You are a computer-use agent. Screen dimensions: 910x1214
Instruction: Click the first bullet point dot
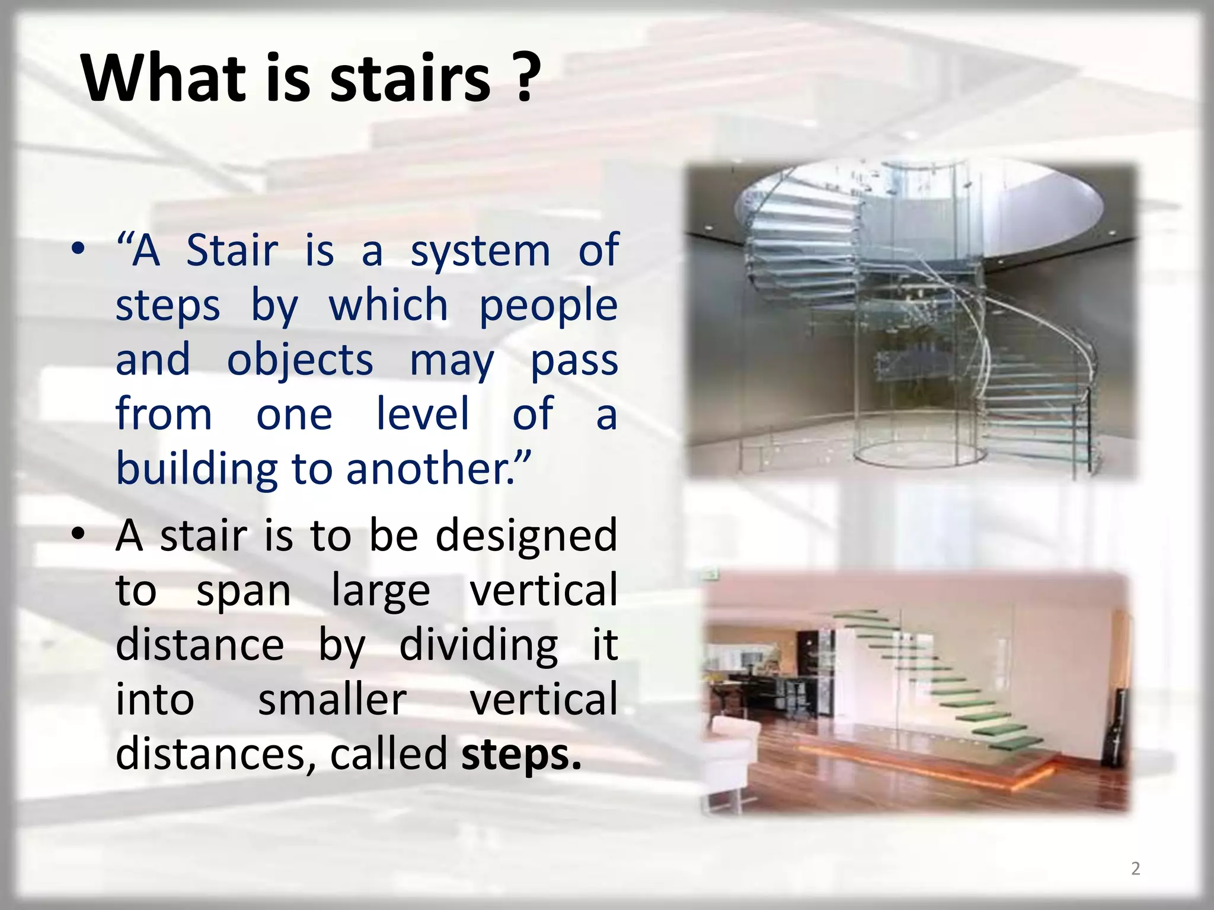78,251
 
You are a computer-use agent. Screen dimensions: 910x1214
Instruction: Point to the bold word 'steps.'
521,754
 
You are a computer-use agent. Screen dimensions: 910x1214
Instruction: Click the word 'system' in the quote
480,252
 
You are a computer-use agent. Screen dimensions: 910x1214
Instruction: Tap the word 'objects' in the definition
300,361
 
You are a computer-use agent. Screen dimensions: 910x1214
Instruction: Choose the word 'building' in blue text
196,468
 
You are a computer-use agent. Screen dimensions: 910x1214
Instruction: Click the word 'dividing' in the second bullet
478,645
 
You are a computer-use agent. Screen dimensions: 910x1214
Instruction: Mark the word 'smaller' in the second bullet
333,700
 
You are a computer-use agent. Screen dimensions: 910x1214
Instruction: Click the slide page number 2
1135,868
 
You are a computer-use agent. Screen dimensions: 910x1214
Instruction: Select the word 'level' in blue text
423,414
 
